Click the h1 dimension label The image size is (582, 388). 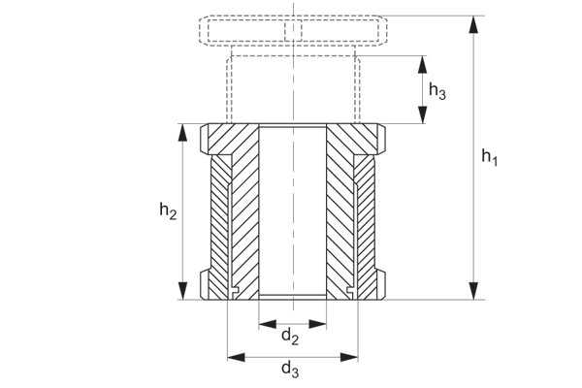489,157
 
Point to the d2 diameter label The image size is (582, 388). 289,337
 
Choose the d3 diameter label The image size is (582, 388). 289,369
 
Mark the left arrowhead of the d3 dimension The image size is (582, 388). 233,356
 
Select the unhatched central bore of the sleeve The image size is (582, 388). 291,209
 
